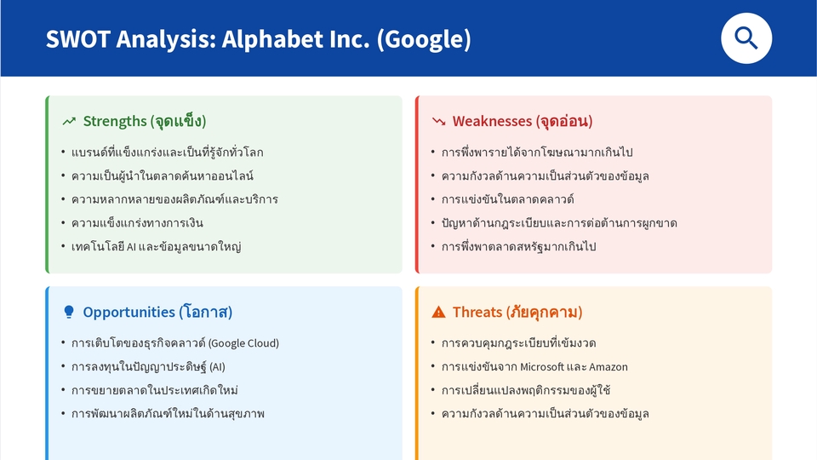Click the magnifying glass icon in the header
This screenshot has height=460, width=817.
click(x=746, y=38)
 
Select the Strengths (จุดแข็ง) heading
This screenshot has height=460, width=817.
click(x=144, y=121)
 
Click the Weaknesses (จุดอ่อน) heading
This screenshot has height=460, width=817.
click(x=522, y=121)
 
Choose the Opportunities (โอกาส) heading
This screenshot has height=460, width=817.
click(x=157, y=312)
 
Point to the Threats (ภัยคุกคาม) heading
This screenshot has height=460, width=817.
click(x=517, y=312)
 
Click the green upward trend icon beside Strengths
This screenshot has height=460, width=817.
click(x=69, y=122)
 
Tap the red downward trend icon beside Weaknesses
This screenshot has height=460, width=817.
click(x=439, y=122)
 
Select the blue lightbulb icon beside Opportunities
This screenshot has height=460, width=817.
click(x=69, y=312)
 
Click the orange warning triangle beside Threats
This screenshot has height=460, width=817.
click(x=439, y=312)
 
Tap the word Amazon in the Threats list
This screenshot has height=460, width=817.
click(x=608, y=367)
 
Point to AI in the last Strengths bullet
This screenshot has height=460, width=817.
click(x=131, y=247)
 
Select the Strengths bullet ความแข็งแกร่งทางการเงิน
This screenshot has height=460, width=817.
click(x=137, y=223)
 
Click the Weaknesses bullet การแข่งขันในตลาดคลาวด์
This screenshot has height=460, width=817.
click(x=507, y=199)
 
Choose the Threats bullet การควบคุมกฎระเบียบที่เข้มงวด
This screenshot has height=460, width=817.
click(x=518, y=343)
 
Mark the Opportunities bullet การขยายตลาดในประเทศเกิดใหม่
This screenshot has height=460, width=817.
click(x=154, y=390)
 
